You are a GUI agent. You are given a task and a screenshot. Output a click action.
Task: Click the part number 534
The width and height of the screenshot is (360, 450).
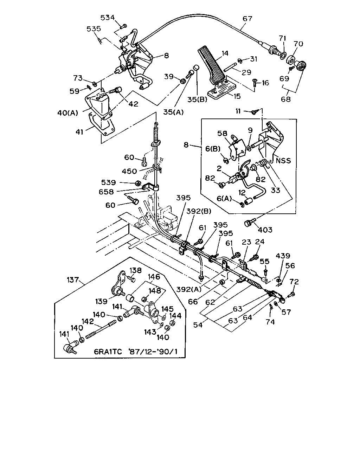(108, 18)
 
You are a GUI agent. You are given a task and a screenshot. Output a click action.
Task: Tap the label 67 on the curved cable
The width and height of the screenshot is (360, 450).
(247, 19)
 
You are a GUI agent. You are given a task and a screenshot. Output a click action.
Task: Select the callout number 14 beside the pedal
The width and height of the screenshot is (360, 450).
(225, 53)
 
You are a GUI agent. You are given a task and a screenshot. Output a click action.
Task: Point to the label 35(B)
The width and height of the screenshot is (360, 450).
(197, 99)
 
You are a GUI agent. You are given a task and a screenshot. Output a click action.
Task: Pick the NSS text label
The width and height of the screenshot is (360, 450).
(283, 161)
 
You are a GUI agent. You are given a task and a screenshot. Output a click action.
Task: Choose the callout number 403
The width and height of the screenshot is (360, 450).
(265, 230)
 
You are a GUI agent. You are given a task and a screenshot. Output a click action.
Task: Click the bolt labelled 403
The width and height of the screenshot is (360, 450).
(250, 222)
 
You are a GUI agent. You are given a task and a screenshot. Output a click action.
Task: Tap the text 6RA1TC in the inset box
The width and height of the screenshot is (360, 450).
(108, 352)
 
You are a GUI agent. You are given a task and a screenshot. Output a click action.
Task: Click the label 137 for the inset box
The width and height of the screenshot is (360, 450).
(73, 279)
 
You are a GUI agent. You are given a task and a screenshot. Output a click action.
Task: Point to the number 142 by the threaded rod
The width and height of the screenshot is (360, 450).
(88, 321)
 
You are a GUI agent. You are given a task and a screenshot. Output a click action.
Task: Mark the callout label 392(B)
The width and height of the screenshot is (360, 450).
(199, 211)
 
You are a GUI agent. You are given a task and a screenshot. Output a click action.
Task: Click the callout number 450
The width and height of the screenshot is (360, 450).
(129, 171)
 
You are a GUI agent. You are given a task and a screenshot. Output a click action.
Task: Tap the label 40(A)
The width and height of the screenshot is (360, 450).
(67, 113)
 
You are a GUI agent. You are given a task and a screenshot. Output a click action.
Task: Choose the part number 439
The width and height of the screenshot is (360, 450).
(283, 256)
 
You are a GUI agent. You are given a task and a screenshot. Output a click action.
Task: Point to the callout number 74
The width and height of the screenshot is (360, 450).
(270, 322)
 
